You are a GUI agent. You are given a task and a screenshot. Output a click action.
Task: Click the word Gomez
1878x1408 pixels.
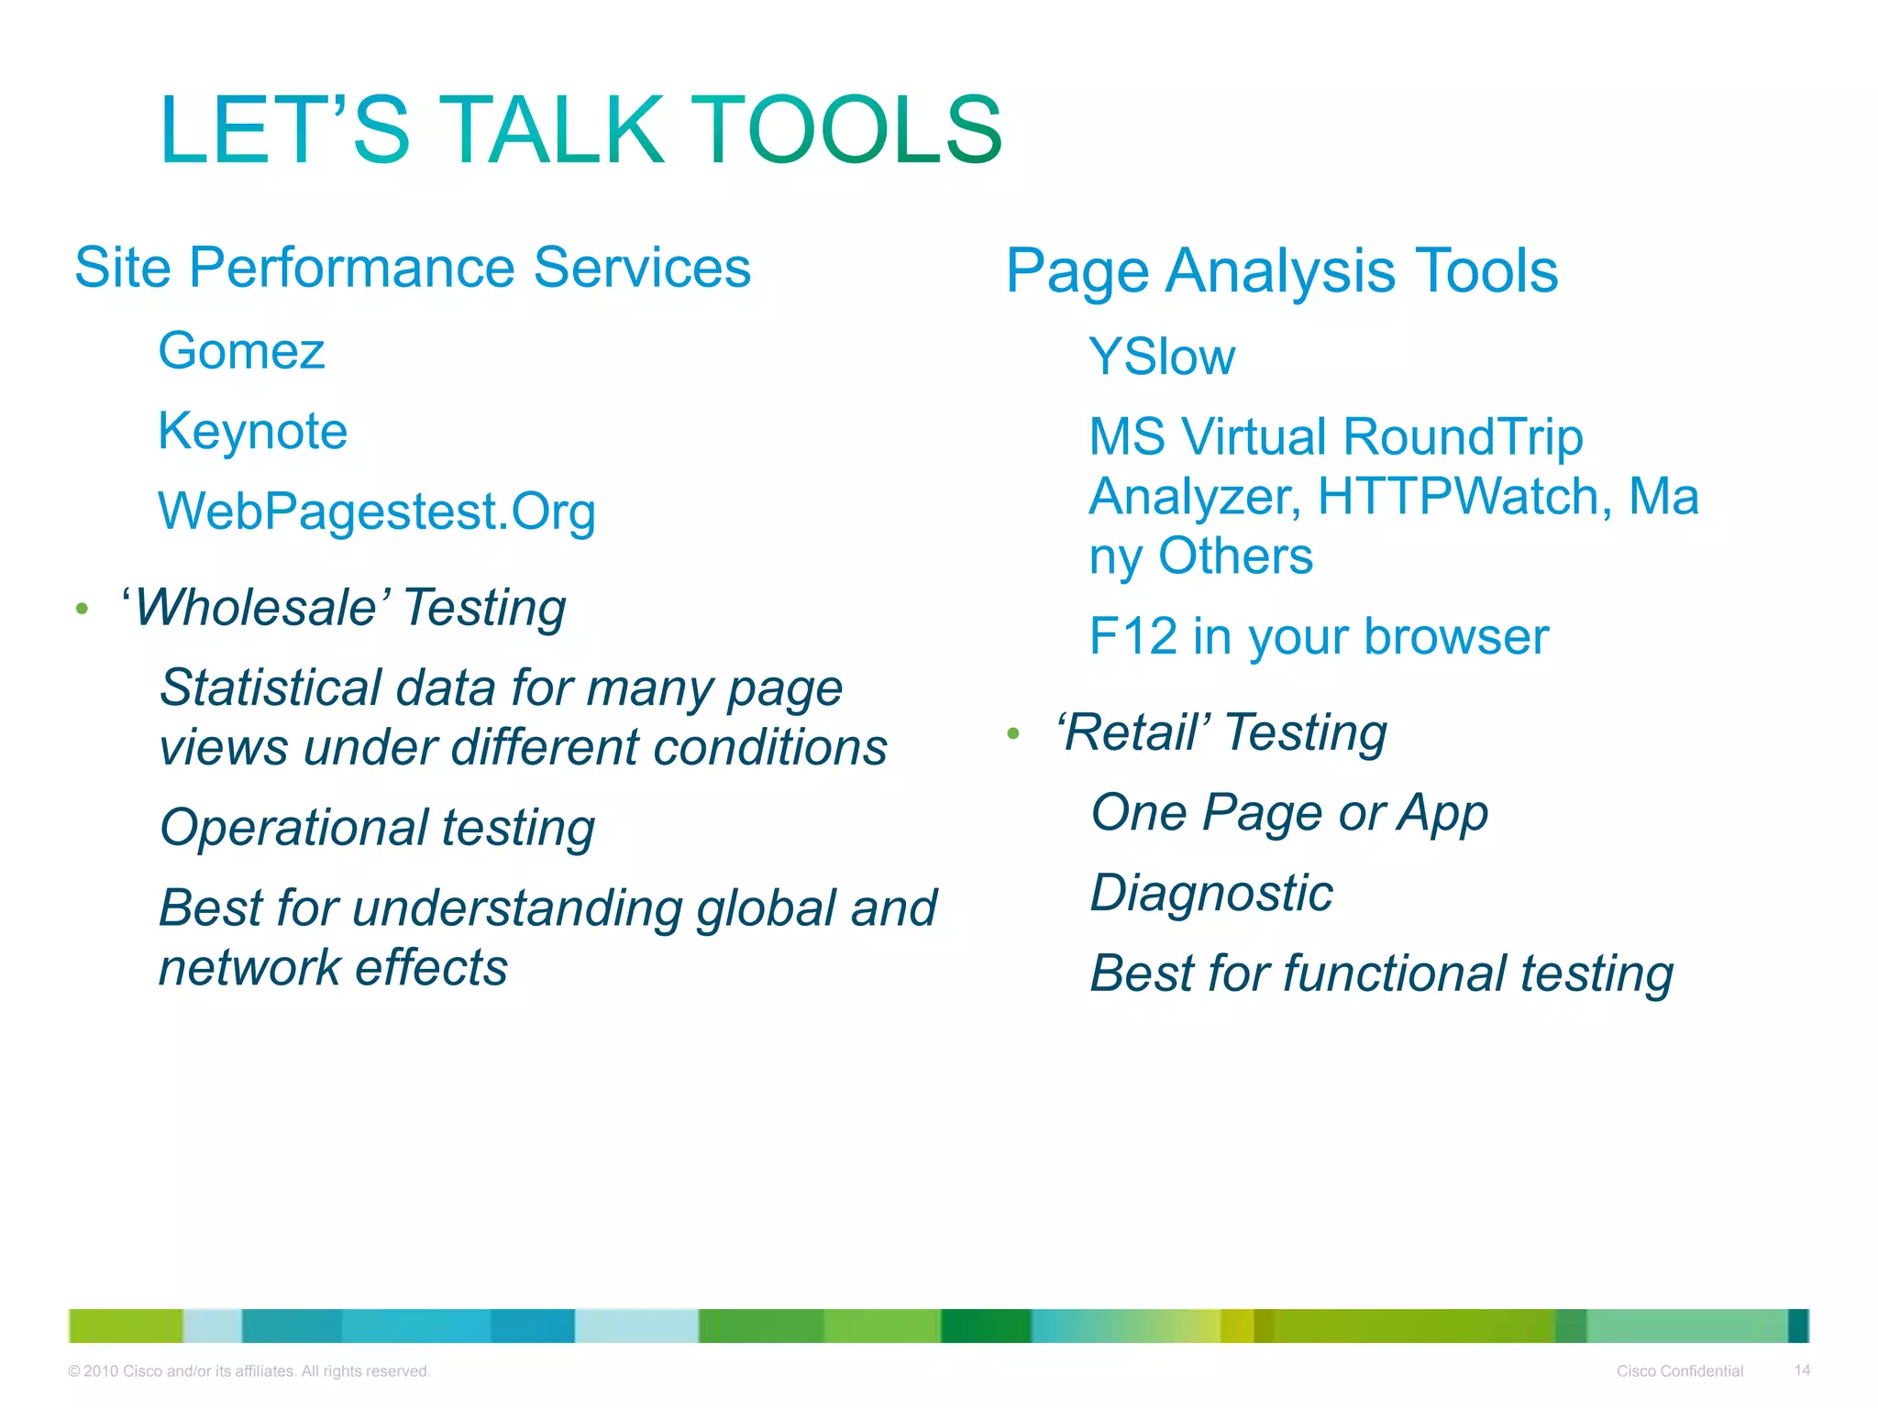241,352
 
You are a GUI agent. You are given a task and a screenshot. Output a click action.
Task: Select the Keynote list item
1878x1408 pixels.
253,432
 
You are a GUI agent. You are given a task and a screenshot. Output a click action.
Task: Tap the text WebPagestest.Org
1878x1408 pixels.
377,512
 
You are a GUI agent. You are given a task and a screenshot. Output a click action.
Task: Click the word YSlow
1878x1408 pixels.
1162,357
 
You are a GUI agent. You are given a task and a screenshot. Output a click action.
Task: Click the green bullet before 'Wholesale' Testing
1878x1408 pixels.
82,609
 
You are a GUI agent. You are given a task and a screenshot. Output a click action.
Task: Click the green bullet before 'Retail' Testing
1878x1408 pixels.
1012,733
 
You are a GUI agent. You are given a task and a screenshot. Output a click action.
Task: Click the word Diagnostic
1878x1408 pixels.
1210,894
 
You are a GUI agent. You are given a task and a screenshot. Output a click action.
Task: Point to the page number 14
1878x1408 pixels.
1802,1370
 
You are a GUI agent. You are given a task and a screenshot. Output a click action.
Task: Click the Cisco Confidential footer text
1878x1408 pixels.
1679,1371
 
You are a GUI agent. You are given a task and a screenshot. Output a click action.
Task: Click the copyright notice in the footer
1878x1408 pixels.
249,1371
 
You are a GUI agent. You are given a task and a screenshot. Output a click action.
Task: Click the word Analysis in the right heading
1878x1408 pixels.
1281,272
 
